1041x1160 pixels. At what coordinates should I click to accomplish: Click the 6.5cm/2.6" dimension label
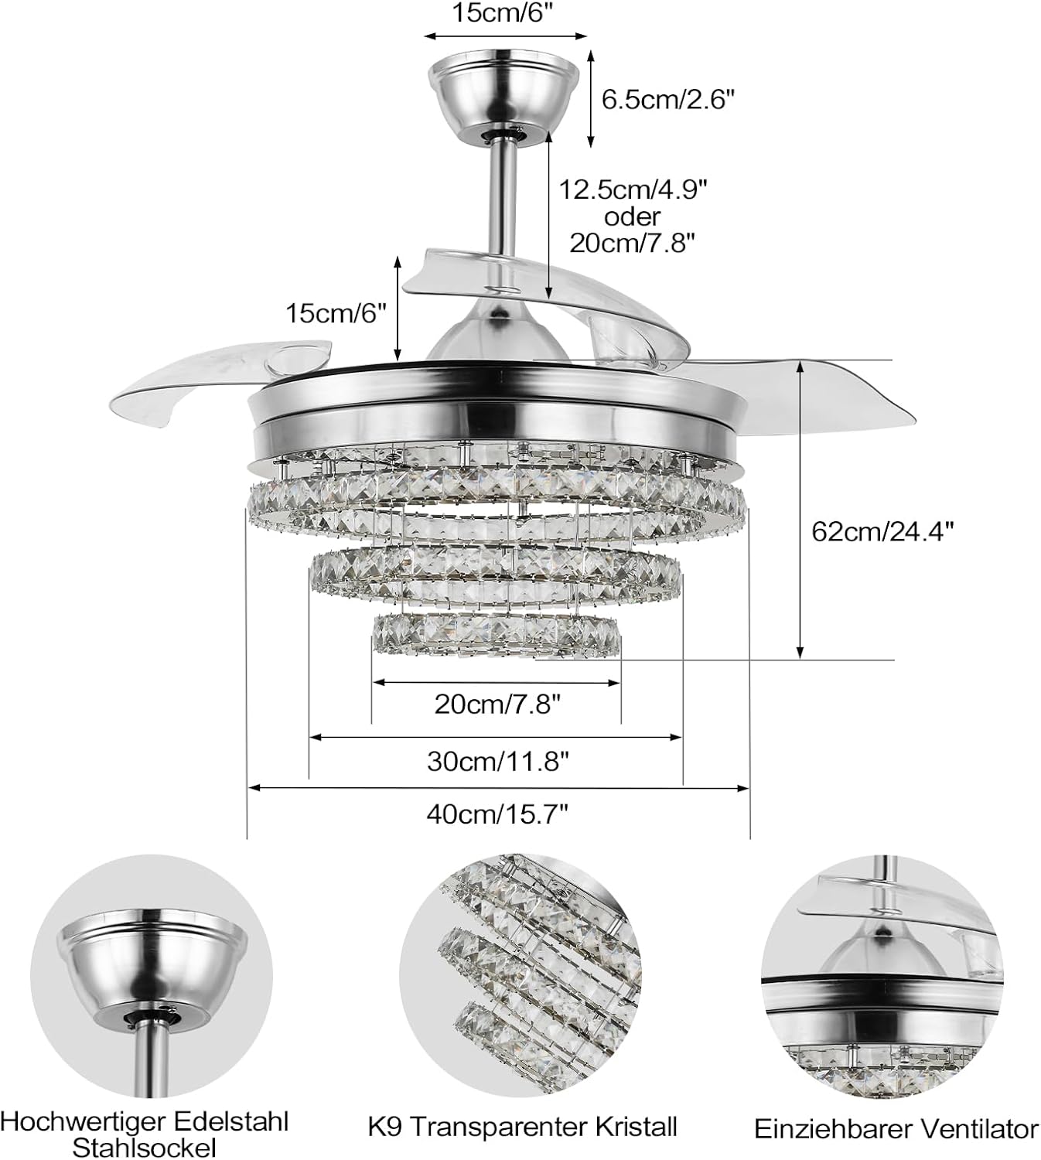point(667,100)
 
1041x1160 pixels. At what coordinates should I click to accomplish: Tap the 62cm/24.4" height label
point(882,531)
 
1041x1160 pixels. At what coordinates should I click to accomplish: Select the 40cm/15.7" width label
point(497,814)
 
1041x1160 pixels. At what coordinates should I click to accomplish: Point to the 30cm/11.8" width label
point(497,761)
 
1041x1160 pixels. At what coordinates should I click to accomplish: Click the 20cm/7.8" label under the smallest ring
point(497,704)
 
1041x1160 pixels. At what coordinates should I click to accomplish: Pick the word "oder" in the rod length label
point(632,216)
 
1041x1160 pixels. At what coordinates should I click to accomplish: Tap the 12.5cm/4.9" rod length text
point(633,189)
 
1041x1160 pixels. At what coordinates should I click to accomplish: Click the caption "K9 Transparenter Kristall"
point(522,1126)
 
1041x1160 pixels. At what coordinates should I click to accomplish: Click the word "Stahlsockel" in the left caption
point(145,1146)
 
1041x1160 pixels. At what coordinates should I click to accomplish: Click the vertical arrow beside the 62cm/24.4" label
point(800,510)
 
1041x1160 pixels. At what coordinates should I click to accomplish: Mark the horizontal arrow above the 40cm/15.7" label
point(498,788)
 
